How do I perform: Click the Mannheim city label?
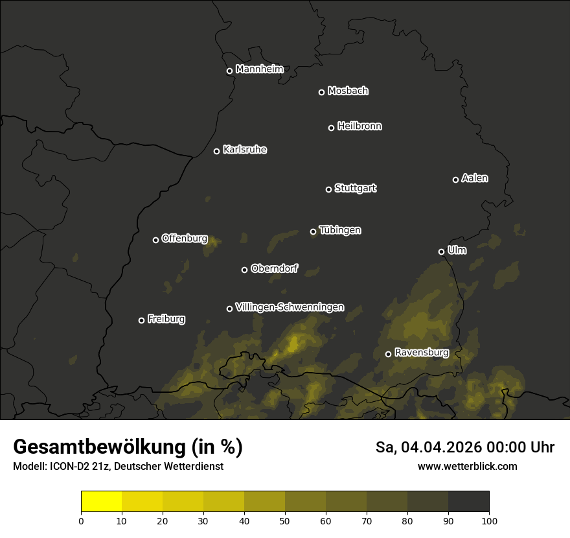pyautogui.click(x=259, y=69)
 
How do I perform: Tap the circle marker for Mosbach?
pyautogui.click(x=321, y=92)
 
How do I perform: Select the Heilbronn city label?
pyautogui.click(x=359, y=126)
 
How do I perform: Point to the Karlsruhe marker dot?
pyautogui.click(x=217, y=151)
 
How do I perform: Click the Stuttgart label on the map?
pyautogui.click(x=355, y=188)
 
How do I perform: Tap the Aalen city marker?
pyautogui.click(x=455, y=180)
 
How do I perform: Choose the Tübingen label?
pyautogui.click(x=340, y=230)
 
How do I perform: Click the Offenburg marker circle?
pyautogui.click(x=155, y=240)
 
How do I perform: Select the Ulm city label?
pyautogui.click(x=457, y=250)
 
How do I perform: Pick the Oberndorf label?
pyautogui.click(x=274, y=268)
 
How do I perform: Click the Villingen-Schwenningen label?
pyautogui.click(x=290, y=307)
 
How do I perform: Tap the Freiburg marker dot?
pyautogui.click(x=141, y=320)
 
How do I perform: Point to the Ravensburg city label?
pyautogui.click(x=421, y=353)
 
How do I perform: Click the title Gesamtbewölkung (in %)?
pyautogui.click(x=128, y=447)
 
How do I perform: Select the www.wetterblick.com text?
pyautogui.click(x=467, y=466)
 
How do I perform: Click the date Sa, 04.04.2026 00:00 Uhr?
pyautogui.click(x=464, y=447)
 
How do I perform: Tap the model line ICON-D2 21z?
pyautogui.click(x=118, y=466)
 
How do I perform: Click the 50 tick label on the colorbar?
pyautogui.click(x=285, y=520)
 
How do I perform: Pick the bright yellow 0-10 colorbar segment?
pyautogui.click(x=101, y=502)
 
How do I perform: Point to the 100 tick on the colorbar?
pyautogui.click(x=489, y=520)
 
